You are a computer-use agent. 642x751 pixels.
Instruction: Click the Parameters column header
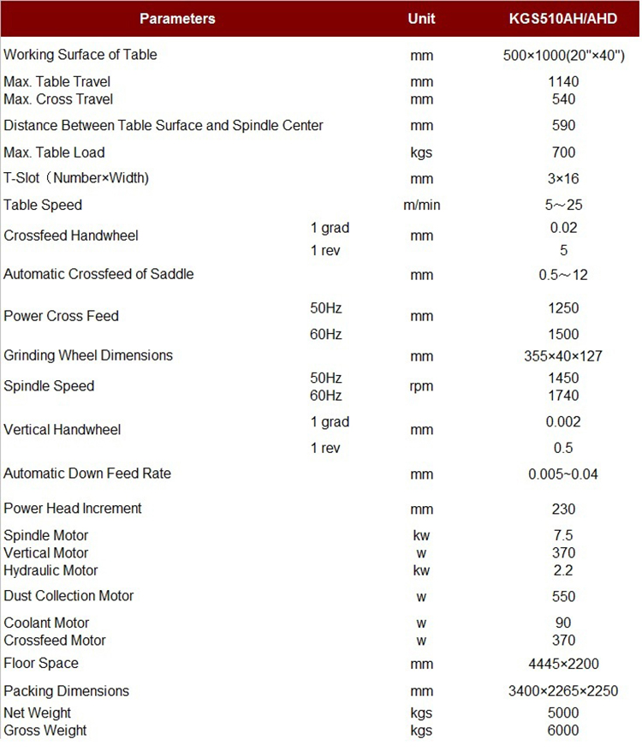[177, 18]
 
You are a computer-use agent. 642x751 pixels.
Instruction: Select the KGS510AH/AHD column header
[563, 18]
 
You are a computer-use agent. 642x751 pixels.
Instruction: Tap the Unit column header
[421, 18]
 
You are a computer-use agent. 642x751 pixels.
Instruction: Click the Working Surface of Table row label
[80, 55]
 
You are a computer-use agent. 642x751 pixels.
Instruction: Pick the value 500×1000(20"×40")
[563, 56]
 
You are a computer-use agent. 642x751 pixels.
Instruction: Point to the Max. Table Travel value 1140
[563, 82]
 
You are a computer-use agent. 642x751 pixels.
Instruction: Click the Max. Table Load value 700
[563, 152]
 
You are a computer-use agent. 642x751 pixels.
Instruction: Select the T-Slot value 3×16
[563, 179]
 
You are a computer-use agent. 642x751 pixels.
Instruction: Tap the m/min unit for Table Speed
[421, 206]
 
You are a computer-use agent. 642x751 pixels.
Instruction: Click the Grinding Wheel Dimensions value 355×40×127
[563, 355]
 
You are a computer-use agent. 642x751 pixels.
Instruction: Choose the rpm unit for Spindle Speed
[421, 386]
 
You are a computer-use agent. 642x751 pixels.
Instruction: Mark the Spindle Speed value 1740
[563, 396]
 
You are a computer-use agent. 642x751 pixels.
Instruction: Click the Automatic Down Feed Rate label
[87, 474]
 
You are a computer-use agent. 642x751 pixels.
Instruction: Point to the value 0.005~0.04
[563, 474]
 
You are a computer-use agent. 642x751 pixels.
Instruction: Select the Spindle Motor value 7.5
[563, 536]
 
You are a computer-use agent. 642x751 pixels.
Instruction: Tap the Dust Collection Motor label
[68, 596]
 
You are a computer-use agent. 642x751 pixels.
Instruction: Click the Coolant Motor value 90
[563, 623]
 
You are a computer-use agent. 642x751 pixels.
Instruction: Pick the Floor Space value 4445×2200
[563, 664]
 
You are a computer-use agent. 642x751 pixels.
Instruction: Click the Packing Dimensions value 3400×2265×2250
[563, 692]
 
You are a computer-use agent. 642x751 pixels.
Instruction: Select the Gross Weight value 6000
[563, 730]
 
